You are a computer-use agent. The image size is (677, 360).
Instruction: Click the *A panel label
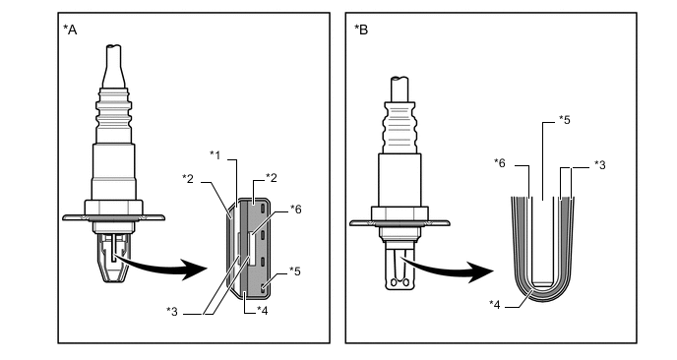click(x=70, y=30)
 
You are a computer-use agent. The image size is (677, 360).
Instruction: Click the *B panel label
click(x=361, y=30)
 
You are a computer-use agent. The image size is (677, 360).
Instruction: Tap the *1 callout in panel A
click(x=215, y=155)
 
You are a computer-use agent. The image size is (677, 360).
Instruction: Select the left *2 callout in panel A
click(x=188, y=178)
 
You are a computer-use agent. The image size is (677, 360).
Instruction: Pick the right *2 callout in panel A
click(x=272, y=177)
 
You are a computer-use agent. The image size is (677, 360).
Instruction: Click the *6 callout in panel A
click(x=296, y=210)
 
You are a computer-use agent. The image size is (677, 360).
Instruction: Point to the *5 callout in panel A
click(x=295, y=271)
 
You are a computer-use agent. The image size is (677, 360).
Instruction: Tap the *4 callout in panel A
click(x=262, y=311)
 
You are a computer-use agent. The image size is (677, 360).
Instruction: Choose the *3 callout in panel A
click(x=172, y=311)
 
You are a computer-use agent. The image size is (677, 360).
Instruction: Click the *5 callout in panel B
click(x=564, y=120)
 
